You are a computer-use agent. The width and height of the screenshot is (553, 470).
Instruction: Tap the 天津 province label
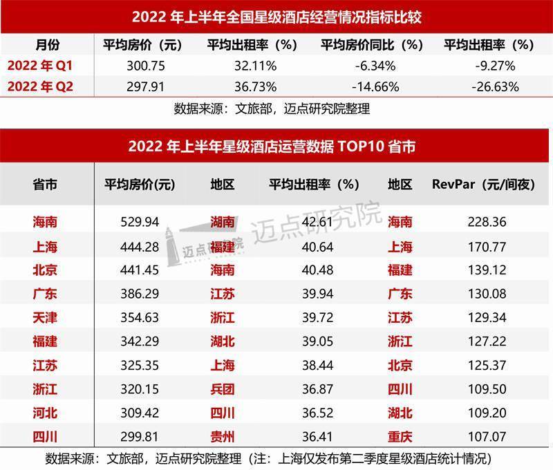point(45,317)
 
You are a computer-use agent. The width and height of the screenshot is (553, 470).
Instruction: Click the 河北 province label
point(45,413)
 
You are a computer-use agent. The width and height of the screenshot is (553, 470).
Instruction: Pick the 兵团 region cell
point(223,389)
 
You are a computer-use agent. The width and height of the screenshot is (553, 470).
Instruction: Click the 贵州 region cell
point(223,437)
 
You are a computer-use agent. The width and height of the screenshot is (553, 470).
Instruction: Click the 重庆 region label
point(400,437)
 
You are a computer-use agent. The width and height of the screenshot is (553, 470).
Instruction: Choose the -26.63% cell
point(494,87)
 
